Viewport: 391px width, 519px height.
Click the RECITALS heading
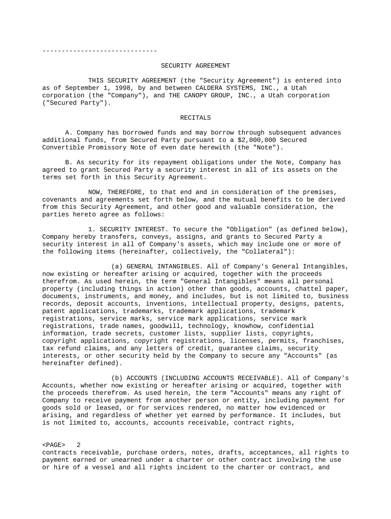(195, 118)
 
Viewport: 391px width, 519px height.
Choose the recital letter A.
(67, 133)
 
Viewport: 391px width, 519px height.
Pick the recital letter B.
(67, 162)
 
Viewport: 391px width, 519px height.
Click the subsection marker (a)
(117, 266)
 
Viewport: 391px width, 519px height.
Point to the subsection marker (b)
(117, 378)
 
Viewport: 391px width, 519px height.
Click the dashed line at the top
(100, 51)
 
